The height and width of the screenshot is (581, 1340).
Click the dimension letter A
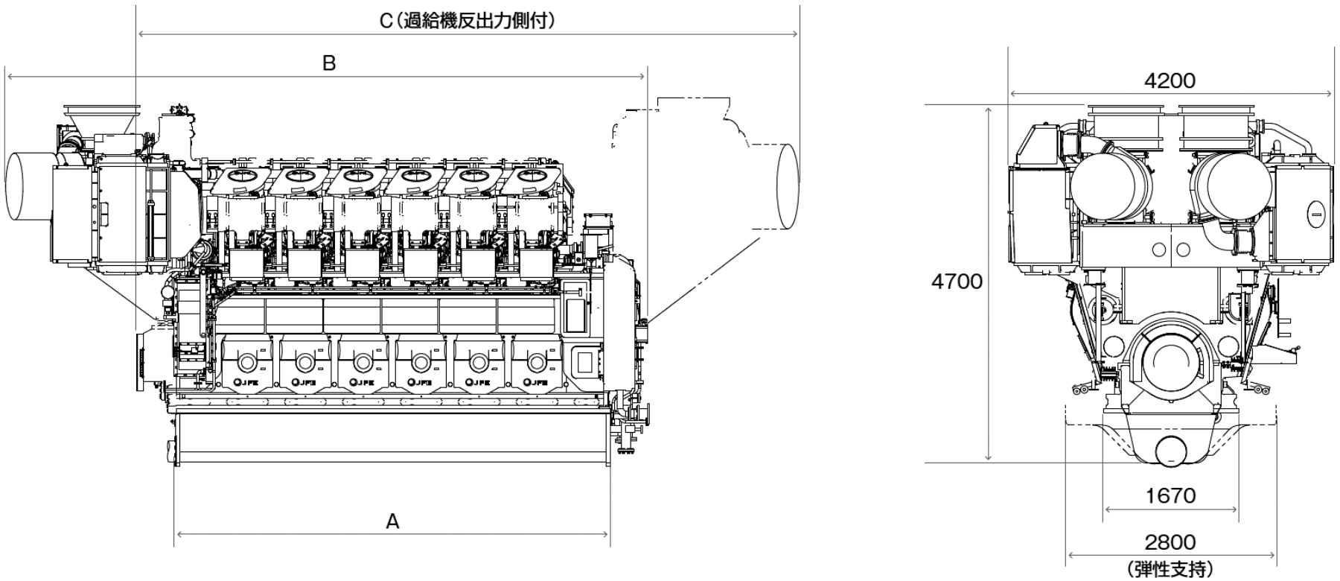pyautogui.click(x=392, y=522)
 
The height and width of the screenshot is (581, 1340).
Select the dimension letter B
pyautogui.click(x=328, y=63)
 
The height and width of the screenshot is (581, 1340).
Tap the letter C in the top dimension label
pyautogui.click(x=385, y=20)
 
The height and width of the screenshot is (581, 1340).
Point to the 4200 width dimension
pyautogui.click(x=1170, y=80)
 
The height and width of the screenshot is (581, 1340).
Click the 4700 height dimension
pyautogui.click(x=957, y=282)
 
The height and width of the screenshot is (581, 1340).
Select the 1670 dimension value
pyautogui.click(x=1171, y=495)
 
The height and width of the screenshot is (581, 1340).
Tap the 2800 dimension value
pyautogui.click(x=1170, y=542)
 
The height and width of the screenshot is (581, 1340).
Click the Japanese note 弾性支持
pyautogui.click(x=1170, y=569)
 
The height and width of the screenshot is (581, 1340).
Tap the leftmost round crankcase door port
pyautogui.click(x=246, y=363)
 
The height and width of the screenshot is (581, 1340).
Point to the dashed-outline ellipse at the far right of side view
pyautogui.click(x=787, y=185)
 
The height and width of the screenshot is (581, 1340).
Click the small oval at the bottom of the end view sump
pyautogui.click(x=1170, y=451)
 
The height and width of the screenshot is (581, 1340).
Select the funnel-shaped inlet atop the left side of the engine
pyautogui.click(x=100, y=119)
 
